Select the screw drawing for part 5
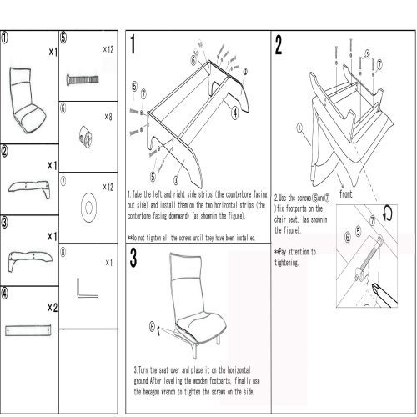point(80,80)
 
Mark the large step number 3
point(134,258)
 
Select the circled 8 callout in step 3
point(152,327)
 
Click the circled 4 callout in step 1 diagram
point(236,110)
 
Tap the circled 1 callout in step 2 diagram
point(297,128)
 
